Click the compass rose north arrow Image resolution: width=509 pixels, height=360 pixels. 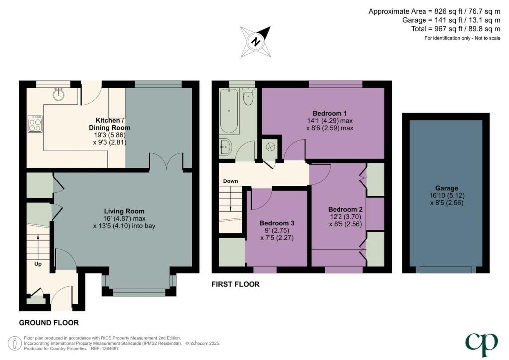(255, 41)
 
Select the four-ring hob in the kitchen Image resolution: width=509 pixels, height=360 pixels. (36, 124)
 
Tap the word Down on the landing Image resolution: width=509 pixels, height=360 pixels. (230, 181)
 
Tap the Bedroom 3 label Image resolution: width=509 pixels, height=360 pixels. (277, 223)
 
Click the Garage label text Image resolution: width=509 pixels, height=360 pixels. (446, 188)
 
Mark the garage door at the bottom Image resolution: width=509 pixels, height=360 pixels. (445, 270)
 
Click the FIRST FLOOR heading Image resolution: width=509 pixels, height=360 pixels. (236, 285)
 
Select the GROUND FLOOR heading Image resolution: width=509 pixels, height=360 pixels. (49, 323)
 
